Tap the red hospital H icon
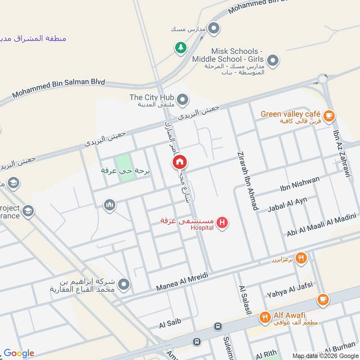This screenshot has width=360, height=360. (221, 222)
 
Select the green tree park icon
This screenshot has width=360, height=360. (180, 48)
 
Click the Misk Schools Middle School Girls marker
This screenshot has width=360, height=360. (272, 60)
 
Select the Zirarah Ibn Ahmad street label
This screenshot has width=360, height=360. (245, 180)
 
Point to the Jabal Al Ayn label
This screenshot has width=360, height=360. (287, 205)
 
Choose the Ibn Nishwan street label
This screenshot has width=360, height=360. (299, 184)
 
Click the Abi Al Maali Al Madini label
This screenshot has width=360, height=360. (321, 227)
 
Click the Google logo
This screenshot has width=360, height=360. (19, 353)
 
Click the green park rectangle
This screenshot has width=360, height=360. (125, 168)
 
